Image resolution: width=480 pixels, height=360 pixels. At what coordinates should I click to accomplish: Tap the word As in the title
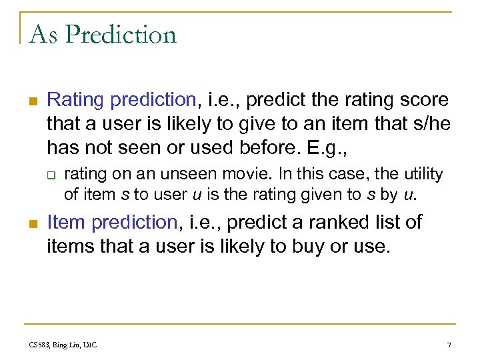pos(43,34)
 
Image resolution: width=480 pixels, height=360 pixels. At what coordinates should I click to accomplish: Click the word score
pos(424,100)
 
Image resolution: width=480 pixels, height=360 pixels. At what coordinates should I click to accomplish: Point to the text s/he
pos(428,123)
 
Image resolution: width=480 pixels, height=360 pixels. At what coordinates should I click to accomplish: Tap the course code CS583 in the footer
pos(39,345)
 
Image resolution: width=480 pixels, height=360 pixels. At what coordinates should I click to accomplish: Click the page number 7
pos(449,345)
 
